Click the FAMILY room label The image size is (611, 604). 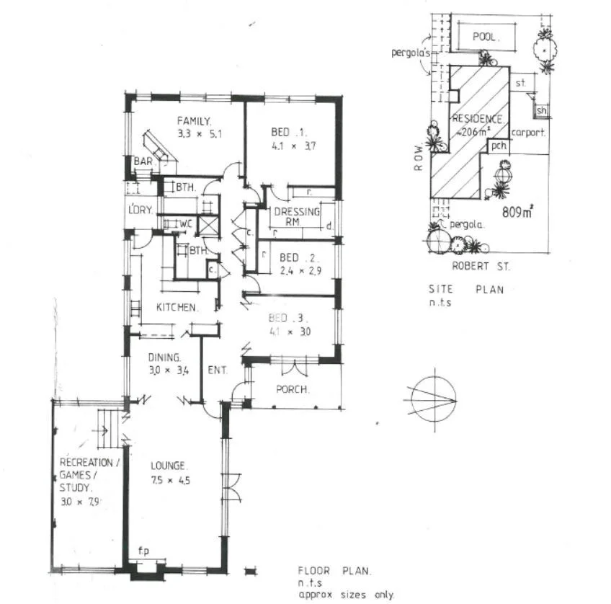pos(194,120)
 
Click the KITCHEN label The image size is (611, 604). pos(177,308)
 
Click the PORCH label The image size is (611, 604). pos(293,390)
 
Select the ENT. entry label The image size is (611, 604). pos(218,370)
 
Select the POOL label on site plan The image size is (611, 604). pos(486,37)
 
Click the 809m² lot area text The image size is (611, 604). pos(517,213)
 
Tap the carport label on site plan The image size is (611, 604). pos(528,133)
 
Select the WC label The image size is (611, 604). pos(186,223)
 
